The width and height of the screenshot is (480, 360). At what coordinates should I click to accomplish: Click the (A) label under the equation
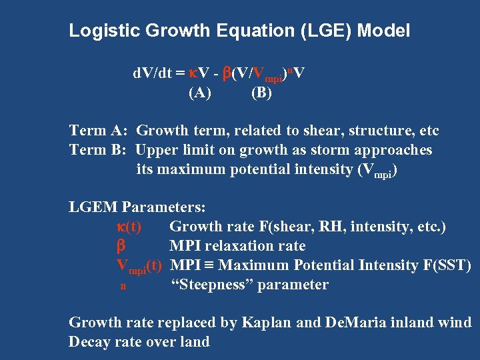199,93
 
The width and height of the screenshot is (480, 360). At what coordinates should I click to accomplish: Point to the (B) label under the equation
261,93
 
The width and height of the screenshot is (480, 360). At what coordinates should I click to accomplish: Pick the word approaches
393,150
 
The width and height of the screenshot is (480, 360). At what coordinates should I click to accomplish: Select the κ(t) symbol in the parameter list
128,227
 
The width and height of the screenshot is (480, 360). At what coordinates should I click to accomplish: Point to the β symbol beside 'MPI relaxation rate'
121,246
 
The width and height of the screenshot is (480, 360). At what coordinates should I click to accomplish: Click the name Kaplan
275,323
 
